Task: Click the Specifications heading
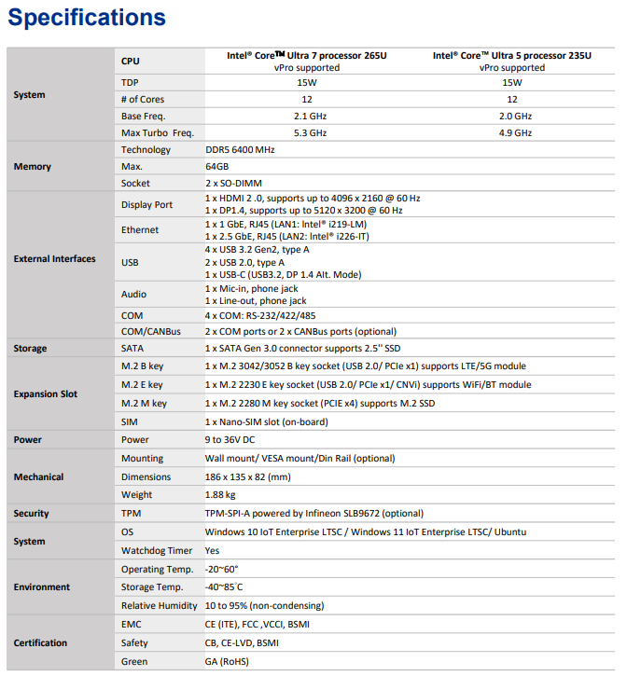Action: click(87, 18)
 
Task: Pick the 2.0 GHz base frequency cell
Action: click(511, 117)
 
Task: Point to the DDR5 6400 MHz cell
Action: click(240, 150)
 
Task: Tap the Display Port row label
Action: click(146, 205)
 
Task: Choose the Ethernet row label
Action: click(140, 230)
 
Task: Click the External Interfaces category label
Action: click(54, 259)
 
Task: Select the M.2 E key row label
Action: click(142, 385)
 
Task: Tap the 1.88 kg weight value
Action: click(220, 495)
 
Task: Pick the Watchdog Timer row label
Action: click(156, 551)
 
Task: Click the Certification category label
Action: click(40, 643)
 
